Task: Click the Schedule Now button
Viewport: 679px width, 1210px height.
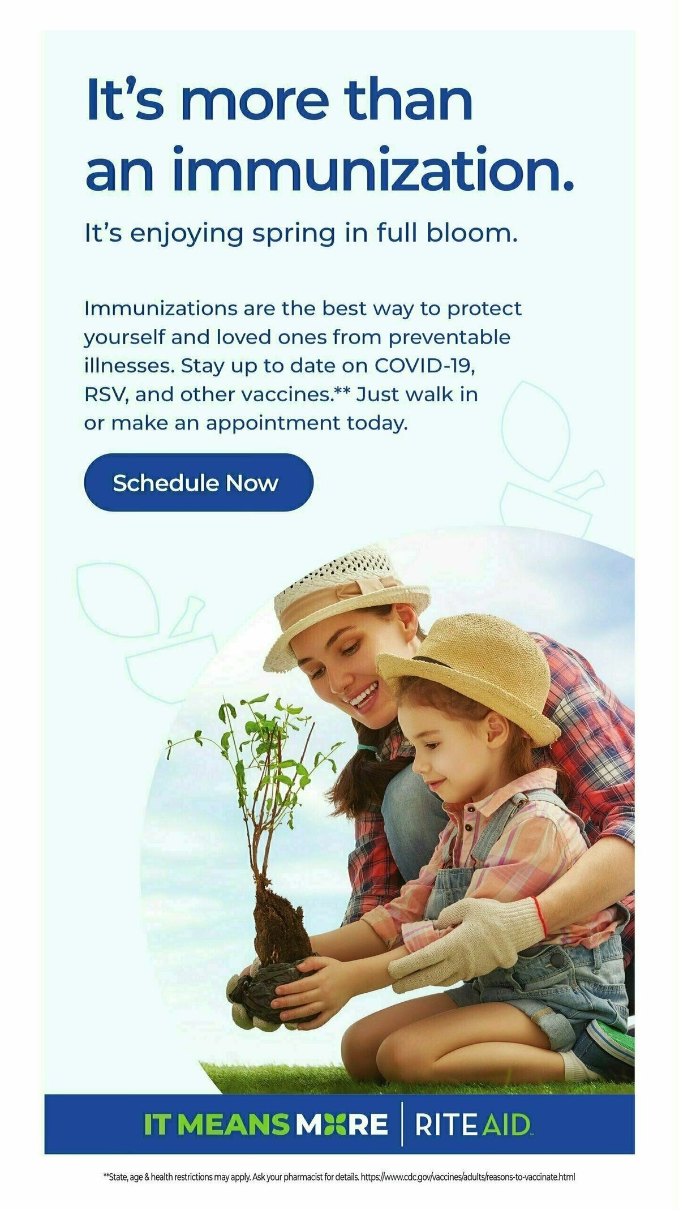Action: (198, 483)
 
